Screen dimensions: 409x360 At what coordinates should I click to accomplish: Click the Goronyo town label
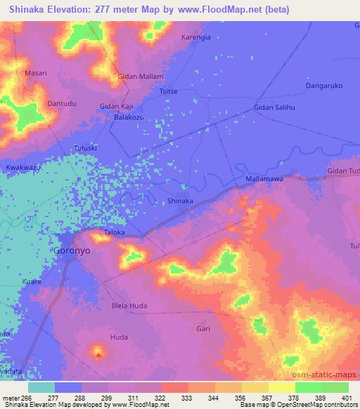(72, 250)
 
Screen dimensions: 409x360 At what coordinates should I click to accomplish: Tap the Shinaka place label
(180, 201)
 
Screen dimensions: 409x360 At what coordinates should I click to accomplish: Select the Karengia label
(195, 37)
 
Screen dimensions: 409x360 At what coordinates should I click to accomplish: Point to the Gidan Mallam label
(141, 76)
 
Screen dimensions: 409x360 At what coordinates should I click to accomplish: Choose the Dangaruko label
(324, 86)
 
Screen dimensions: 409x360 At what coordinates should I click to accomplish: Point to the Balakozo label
(129, 117)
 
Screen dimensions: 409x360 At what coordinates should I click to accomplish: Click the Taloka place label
(115, 231)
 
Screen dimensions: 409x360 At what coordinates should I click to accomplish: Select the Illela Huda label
(129, 306)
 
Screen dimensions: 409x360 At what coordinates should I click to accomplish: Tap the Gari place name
(204, 328)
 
